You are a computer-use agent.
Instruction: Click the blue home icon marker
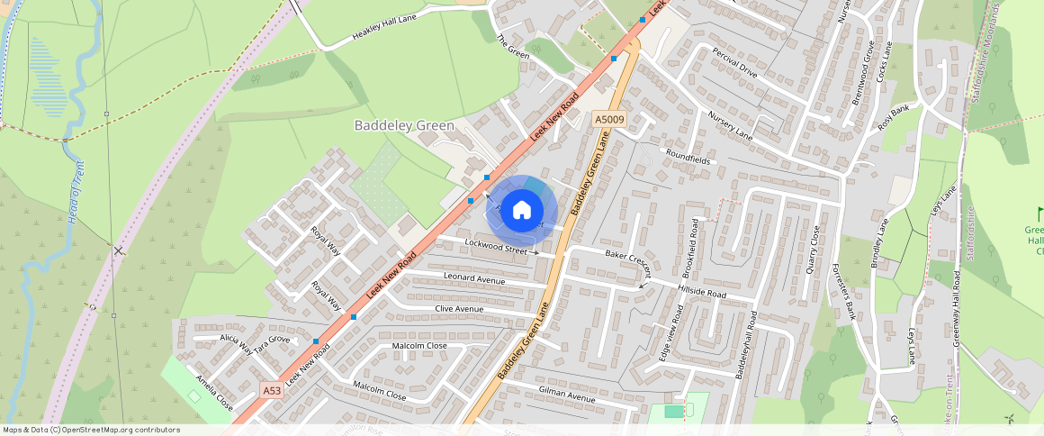click(521, 211)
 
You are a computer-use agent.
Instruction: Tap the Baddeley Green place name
click(404, 126)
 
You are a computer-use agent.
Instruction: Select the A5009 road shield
click(608, 119)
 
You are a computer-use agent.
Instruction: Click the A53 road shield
click(273, 390)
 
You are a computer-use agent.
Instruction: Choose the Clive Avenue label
click(459, 309)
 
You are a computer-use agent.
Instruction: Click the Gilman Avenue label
click(567, 397)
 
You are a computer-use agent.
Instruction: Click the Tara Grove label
click(272, 340)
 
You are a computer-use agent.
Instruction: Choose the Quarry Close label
click(814, 249)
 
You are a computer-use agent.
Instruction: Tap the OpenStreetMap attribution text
click(91, 430)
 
